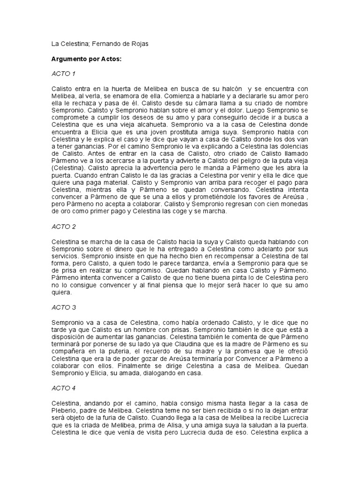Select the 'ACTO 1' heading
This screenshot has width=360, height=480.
(x=63, y=74)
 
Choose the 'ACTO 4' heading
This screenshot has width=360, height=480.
(x=63, y=388)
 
